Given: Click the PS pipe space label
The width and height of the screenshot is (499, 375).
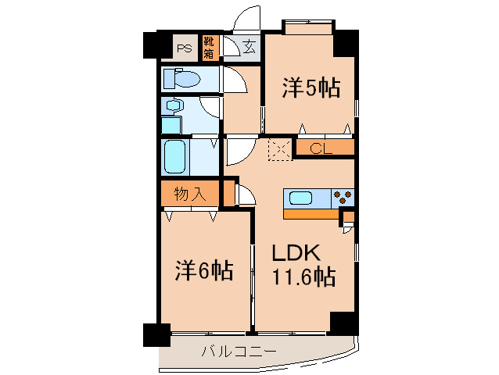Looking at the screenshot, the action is click(x=185, y=48).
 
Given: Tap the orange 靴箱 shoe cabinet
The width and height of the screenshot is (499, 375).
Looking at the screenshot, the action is click(x=210, y=48).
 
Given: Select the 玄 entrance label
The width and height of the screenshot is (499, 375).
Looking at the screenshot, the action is click(x=249, y=47).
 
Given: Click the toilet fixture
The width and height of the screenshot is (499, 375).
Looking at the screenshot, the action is click(x=181, y=78).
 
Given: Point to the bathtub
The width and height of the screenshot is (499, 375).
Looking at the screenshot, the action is click(x=174, y=157).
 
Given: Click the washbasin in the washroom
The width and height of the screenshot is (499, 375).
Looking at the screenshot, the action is click(x=174, y=105).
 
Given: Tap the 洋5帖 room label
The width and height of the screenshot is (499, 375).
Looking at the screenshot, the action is click(x=311, y=87).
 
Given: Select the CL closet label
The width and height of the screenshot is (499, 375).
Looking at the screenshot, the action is click(x=321, y=148).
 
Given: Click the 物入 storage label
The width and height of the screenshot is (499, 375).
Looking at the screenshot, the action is click(x=190, y=194).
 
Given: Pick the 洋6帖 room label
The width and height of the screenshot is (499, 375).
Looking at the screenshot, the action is click(x=204, y=270).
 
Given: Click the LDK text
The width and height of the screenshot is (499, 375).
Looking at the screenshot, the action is click(x=296, y=252).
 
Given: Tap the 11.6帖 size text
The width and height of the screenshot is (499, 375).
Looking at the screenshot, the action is click(x=303, y=277).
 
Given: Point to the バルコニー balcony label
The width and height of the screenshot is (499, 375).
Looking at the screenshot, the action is click(x=239, y=352).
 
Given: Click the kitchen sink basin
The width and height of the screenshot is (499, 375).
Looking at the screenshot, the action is click(x=300, y=198).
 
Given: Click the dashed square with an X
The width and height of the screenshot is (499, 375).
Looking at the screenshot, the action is click(x=280, y=149).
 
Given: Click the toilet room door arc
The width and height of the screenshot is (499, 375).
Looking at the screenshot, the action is click(x=235, y=80).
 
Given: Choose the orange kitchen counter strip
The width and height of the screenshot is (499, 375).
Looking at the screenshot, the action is click(x=311, y=214).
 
